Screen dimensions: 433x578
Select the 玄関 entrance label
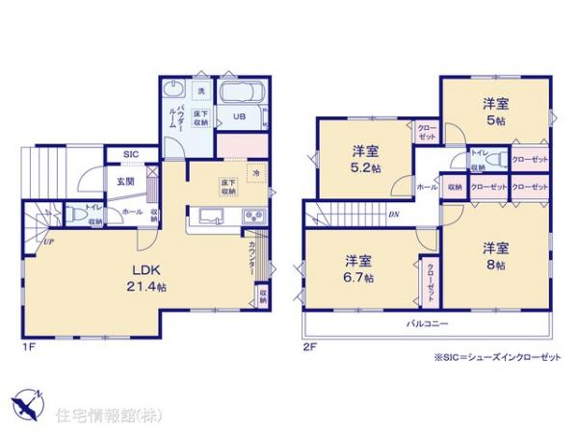tap(126, 180)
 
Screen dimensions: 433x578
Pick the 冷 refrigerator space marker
tap(255, 173)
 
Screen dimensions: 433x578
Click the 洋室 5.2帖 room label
tap(365, 158)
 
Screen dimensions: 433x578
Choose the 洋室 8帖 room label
tap(495, 254)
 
